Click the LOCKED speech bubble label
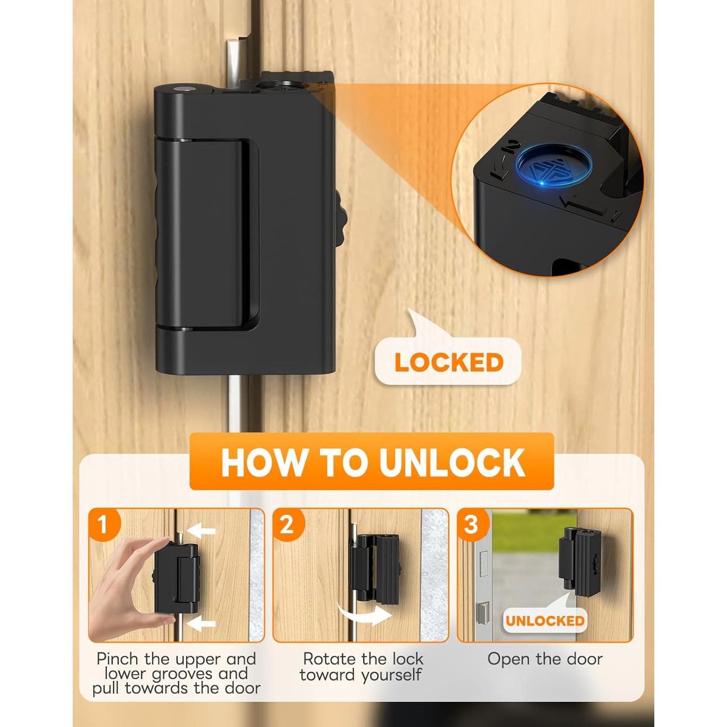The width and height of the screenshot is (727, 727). click(x=449, y=363)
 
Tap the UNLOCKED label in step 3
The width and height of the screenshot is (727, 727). click(x=545, y=621)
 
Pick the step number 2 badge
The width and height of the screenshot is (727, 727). click(x=287, y=524)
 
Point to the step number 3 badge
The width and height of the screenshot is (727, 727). click(x=471, y=524)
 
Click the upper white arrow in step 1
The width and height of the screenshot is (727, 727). click(x=201, y=532)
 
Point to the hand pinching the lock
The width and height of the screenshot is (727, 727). click(x=124, y=586)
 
